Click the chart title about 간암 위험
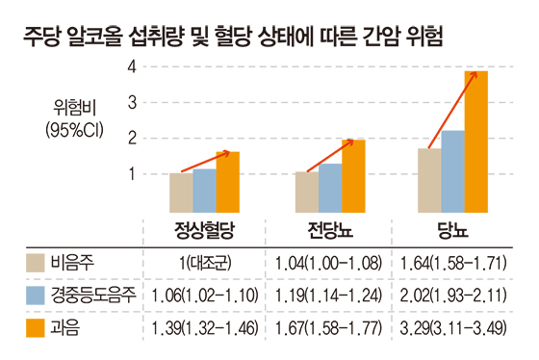[233, 37]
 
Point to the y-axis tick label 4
[132, 66]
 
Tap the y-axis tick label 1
[132, 174]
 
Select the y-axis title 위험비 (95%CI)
[75, 119]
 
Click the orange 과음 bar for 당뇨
[476, 141]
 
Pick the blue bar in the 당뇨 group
[452, 171]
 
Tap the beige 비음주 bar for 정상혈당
[181, 193]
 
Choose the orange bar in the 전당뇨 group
[353, 176]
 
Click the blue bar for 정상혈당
[204, 191]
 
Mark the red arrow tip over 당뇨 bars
[476, 72]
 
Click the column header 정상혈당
[204, 230]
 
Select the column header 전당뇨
[330, 230]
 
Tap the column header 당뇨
[453, 230]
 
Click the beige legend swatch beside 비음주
[36, 263]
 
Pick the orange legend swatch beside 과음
[36, 328]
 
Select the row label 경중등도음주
[93, 296]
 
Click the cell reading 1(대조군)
[205, 264]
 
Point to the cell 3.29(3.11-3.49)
[453, 328]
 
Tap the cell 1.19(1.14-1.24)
[328, 296]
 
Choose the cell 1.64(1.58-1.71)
[453, 264]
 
